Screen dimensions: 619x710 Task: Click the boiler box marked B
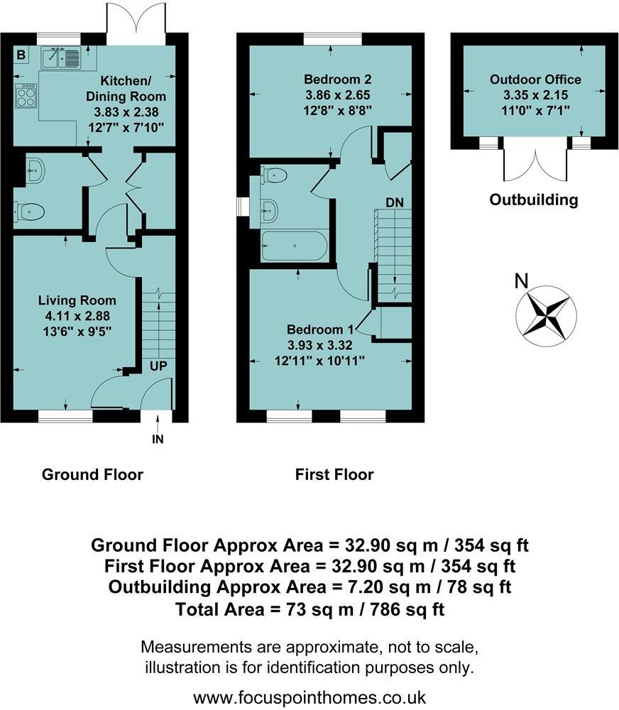pyautogui.click(x=21, y=55)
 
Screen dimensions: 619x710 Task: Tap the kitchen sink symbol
pyautogui.click(x=62, y=57)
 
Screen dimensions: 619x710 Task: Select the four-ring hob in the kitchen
pyautogui.click(x=25, y=95)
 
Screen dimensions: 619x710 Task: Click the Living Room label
pyautogui.click(x=77, y=300)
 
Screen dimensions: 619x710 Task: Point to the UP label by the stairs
pyautogui.click(x=158, y=367)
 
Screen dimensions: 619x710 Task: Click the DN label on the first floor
pyautogui.click(x=395, y=202)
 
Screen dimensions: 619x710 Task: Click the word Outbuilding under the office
pyautogui.click(x=534, y=200)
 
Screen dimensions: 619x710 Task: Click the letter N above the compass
pyautogui.click(x=521, y=281)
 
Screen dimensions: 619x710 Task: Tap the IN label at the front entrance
pyautogui.click(x=158, y=439)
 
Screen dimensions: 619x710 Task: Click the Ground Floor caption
pyautogui.click(x=92, y=474)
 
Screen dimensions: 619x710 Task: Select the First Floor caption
pyautogui.click(x=334, y=474)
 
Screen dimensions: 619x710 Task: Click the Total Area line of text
pyautogui.click(x=309, y=609)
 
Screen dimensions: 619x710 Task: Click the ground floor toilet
pyautogui.click(x=31, y=210)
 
